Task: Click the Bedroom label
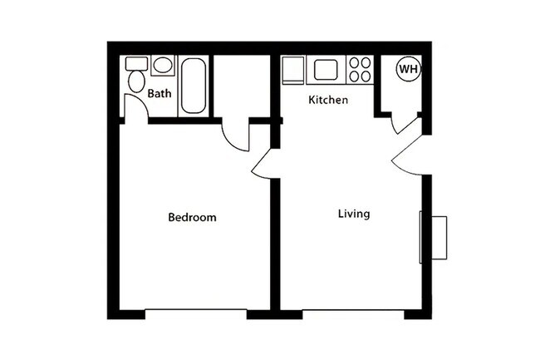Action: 192,218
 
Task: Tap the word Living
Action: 354,214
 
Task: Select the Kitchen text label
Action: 328,100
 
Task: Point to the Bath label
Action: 160,94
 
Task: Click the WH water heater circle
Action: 408,69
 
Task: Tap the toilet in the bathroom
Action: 135,81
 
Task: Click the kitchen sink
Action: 324,70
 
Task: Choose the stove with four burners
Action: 360,70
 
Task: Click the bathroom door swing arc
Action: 135,106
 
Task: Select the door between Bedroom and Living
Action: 264,164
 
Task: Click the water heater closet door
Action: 405,123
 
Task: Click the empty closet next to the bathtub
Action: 243,86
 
